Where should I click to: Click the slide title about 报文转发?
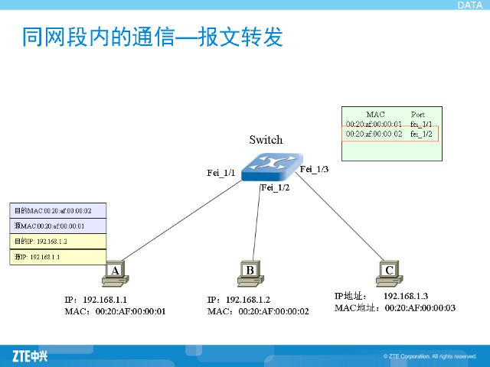(152, 37)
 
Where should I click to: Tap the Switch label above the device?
(266, 140)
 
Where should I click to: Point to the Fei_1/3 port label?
(314, 169)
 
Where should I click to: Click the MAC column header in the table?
(375, 115)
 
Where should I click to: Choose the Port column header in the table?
(418, 115)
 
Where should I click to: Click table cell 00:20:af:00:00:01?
(374, 124)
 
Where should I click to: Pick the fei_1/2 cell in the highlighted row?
(421, 134)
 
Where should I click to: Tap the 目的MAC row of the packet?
(57, 211)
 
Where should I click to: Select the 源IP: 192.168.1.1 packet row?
(57, 257)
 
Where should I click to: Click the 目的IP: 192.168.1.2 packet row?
(57, 242)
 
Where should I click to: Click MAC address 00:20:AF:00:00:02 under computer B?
(273, 312)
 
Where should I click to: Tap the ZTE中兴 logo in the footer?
(30, 356)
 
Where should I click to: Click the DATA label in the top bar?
(469, 5)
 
